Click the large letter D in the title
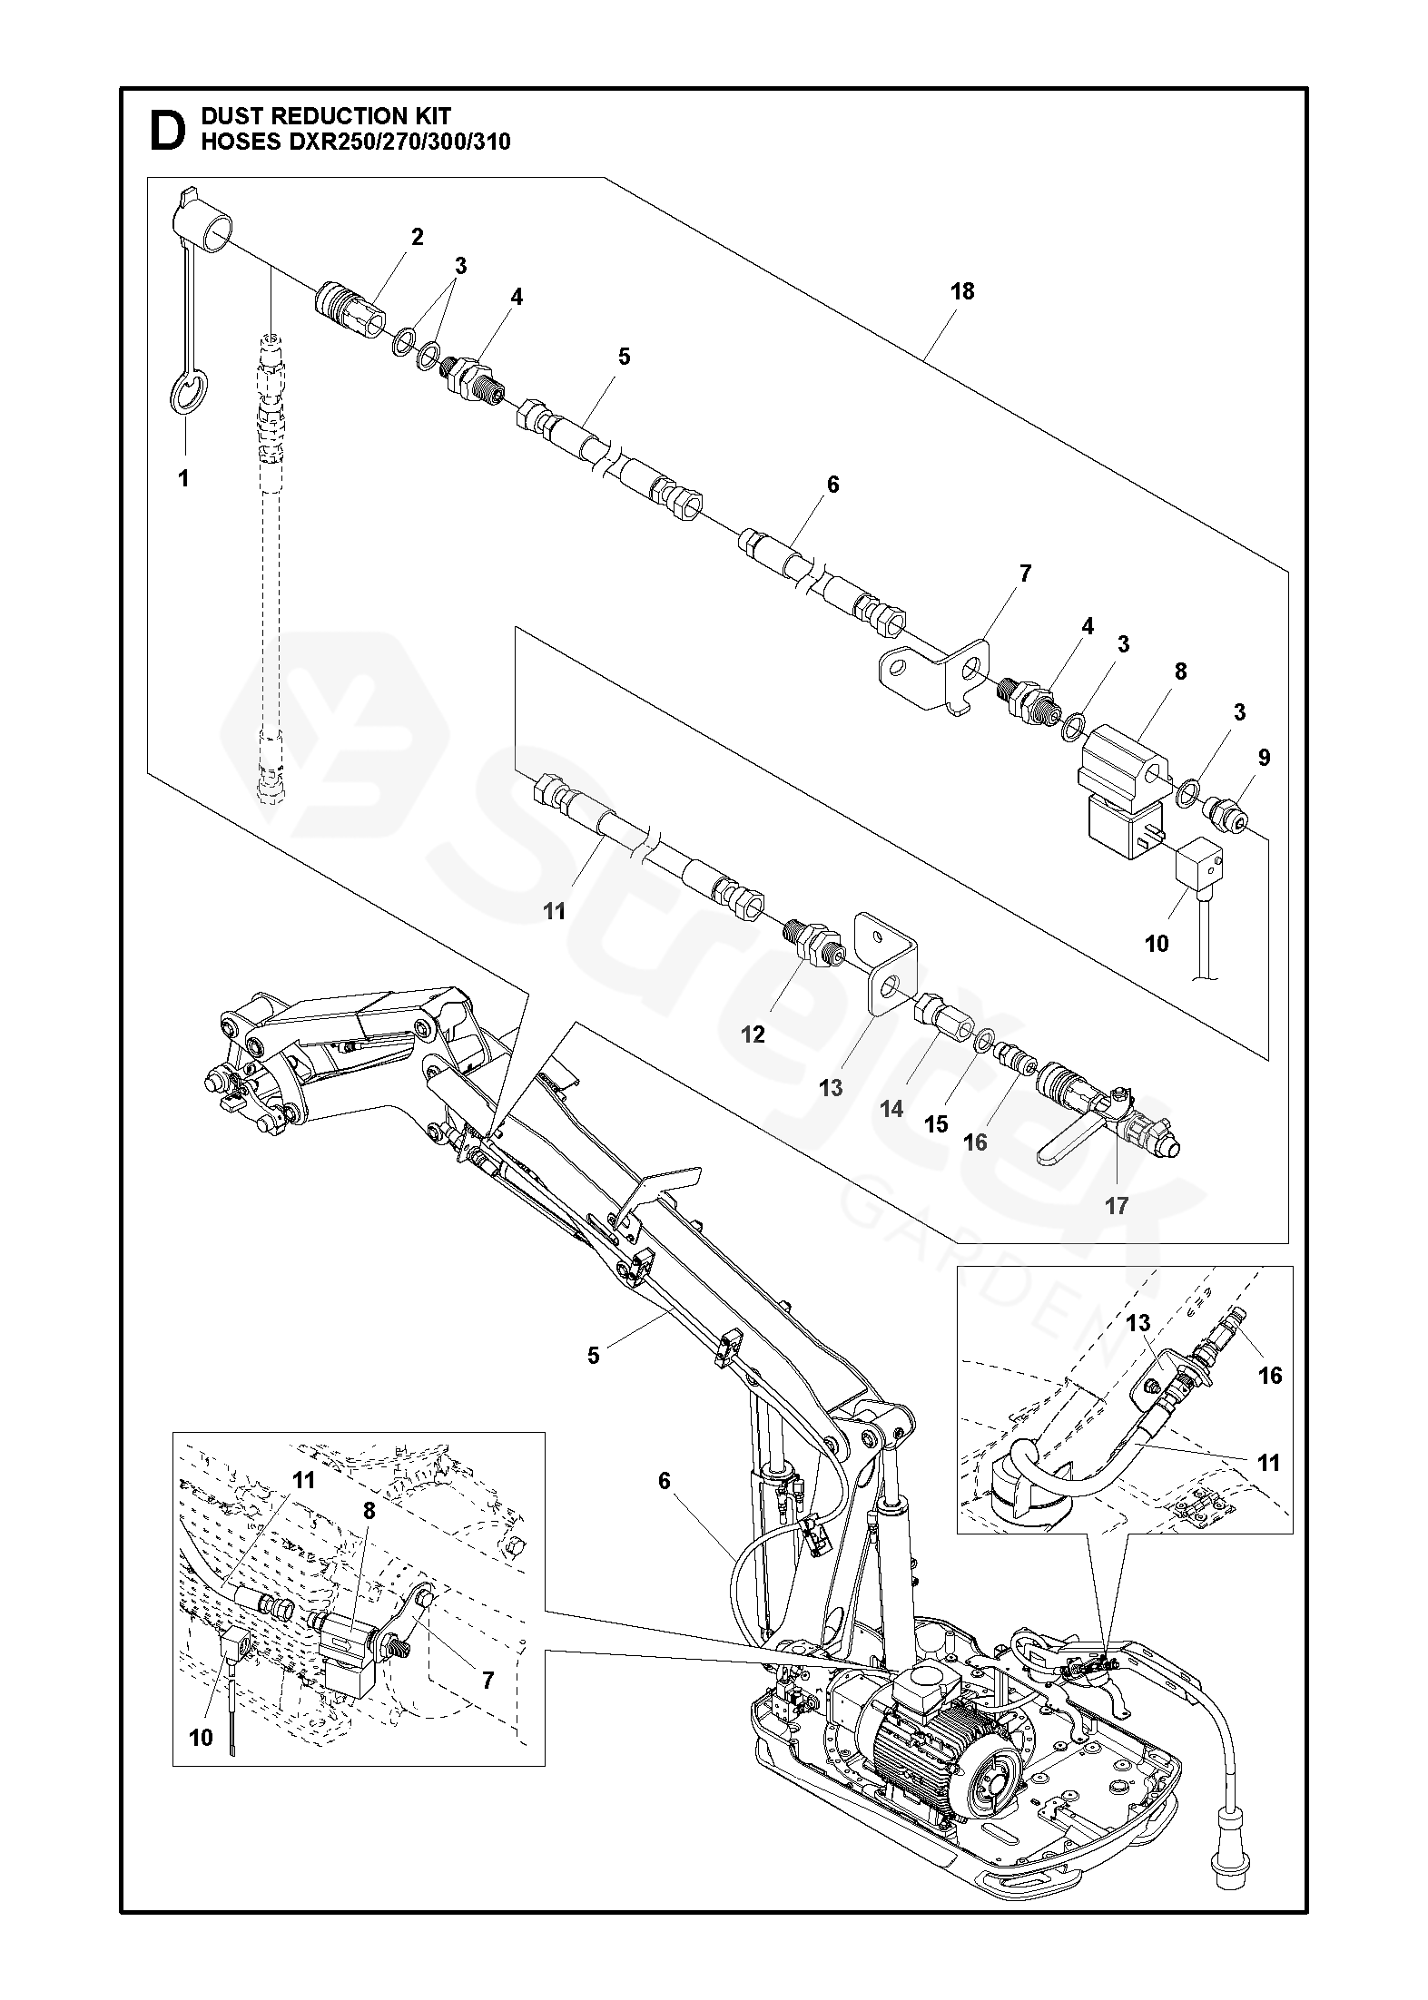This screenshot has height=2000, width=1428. point(166,129)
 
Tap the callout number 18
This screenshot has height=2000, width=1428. point(962,291)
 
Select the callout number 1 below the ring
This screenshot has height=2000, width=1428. point(184,477)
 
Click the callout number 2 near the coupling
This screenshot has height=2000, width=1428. point(417,237)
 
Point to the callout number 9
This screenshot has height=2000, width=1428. point(1265,757)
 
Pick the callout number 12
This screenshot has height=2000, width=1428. point(753,1034)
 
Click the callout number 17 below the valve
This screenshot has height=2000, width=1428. point(1116,1205)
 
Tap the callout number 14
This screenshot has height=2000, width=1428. point(892,1108)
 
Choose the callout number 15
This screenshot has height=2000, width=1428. point(936,1124)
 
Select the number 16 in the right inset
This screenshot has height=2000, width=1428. point(1270,1376)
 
